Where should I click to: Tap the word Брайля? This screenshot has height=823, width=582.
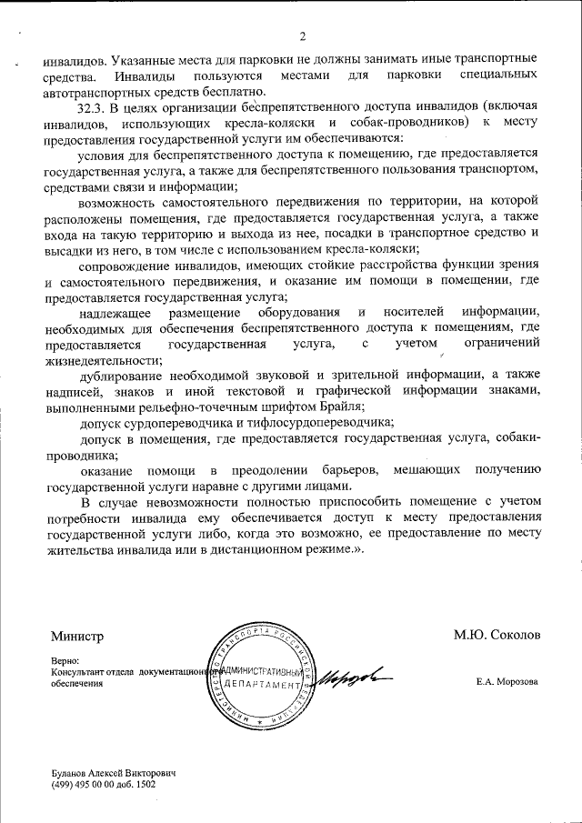pos(337,406)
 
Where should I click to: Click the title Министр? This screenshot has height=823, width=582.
pos(78,636)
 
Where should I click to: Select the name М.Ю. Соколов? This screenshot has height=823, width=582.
pos(497,636)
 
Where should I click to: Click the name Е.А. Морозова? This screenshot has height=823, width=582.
pos(507,682)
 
